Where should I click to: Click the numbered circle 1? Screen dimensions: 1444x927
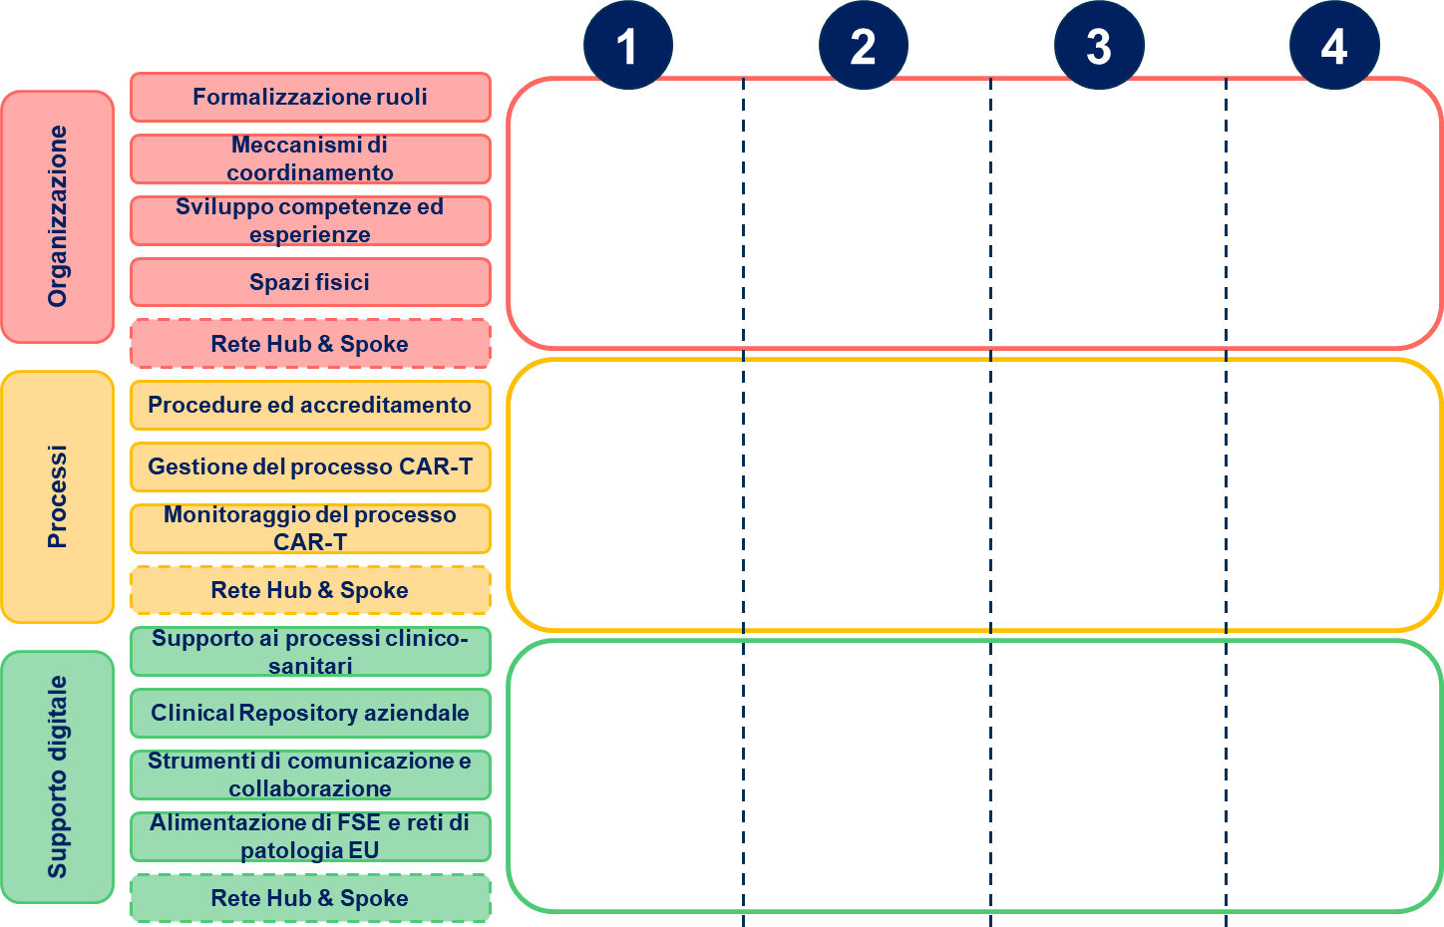pyautogui.click(x=628, y=45)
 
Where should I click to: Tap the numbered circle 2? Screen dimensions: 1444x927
pyautogui.click(x=864, y=45)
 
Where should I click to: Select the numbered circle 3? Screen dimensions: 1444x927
pyautogui.click(x=1099, y=45)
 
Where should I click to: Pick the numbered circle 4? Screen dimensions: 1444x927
pyautogui.click(x=1334, y=45)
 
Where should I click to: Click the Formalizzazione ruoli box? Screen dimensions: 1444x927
pyautogui.click(x=310, y=98)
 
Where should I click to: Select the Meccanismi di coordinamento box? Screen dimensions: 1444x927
pyautogui.click(x=310, y=159)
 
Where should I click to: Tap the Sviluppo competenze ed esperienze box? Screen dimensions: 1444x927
pyautogui.click(x=310, y=221)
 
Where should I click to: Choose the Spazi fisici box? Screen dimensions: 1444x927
pyautogui.click(x=310, y=282)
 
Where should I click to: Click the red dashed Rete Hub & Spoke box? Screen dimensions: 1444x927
pyautogui.click(x=310, y=344)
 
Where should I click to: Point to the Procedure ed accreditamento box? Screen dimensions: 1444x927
pyautogui.click(x=310, y=406)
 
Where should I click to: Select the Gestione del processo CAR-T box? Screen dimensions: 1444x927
pyautogui.click(x=310, y=467)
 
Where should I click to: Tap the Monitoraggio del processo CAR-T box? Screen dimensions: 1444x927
pyautogui.click(x=310, y=529)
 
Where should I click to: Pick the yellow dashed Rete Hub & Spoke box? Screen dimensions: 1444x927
pyautogui.click(x=310, y=590)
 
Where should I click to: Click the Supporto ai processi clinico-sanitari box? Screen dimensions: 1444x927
pyautogui.click(x=310, y=651)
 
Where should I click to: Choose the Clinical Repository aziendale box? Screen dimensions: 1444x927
pyautogui.click(x=310, y=713)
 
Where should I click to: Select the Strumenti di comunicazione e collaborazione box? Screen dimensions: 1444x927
pyautogui.click(x=310, y=774)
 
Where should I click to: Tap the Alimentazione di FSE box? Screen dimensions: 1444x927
pyautogui.click(x=310, y=837)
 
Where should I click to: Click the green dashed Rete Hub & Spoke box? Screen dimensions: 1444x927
pyautogui.click(x=310, y=898)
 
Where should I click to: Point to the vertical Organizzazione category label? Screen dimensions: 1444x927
pyautogui.click(x=58, y=216)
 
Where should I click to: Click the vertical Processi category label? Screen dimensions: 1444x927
pyautogui.click(x=58, y=496)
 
